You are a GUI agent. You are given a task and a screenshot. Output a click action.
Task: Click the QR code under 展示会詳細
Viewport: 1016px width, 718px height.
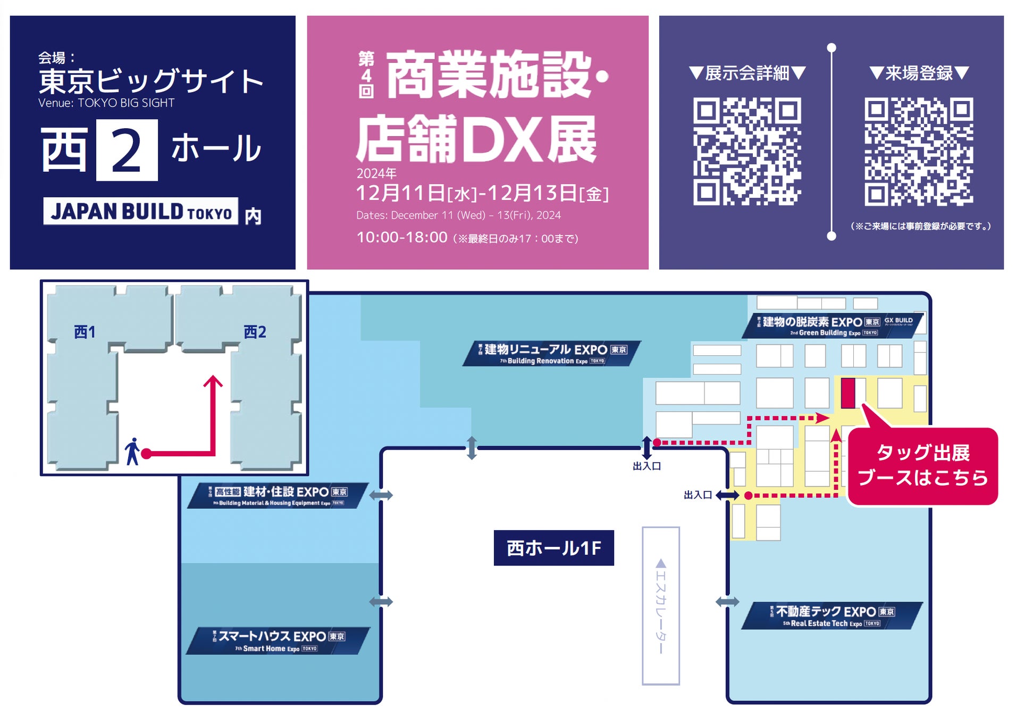click(x=746, y=151)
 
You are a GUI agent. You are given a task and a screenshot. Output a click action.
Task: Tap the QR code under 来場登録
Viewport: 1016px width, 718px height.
click(x=918, y=151)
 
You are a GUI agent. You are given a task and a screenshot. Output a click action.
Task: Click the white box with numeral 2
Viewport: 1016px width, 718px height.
click(x=127, y=150)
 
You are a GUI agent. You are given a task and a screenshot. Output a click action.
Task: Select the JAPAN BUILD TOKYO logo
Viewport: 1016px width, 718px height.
click(x=141, y=211)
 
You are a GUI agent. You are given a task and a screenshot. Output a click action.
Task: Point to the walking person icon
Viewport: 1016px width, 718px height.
click(x=132, y=452)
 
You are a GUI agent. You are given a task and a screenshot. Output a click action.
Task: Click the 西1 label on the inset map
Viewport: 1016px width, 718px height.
click(x=85, y=332)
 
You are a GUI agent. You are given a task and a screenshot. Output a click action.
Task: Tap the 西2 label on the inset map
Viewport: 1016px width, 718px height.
click(x=255, y=332)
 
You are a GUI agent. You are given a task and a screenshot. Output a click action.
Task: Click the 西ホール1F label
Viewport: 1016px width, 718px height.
click(x=553, y=548)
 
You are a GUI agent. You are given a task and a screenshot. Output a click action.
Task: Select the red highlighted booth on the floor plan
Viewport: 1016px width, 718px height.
click(x=847, y=393)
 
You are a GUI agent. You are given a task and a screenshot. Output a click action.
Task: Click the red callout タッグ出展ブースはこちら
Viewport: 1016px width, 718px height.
click(x=922, y=466)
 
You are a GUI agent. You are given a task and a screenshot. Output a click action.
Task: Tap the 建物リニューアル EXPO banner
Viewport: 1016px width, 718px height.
click(x=552, y=354)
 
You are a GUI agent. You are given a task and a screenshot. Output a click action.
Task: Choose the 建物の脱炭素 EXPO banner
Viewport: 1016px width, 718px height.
click(x=832, y=326)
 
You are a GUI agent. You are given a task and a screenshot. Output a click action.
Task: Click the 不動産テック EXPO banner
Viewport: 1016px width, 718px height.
click(x=832, y=616)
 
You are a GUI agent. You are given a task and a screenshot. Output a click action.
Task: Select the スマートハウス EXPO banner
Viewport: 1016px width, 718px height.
click(x=278, y=640)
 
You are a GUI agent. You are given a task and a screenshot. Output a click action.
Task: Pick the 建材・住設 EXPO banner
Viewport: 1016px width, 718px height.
click(x=278, y=496)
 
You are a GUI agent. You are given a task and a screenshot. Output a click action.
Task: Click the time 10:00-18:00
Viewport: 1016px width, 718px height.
click(x=402, y=237)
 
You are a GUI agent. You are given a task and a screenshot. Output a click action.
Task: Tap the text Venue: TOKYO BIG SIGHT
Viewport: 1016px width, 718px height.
click(x=106, y=103)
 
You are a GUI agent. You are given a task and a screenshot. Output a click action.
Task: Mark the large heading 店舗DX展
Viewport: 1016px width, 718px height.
click(x=477, y=139)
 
